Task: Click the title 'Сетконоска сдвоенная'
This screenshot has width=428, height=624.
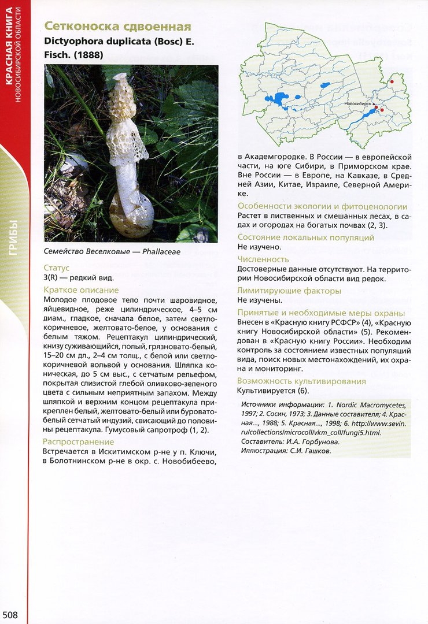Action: coord(118,27)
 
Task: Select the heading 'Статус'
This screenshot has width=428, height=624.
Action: coord(57,268)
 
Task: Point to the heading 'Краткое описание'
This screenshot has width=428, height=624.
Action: coord(81,290)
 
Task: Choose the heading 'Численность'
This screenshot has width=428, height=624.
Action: coord(263,259)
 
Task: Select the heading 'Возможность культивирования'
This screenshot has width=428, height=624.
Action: coord(301,381)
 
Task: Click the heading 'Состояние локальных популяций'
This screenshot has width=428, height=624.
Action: coord(306,237)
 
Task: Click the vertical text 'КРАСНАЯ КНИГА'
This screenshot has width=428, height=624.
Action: coord(10,53)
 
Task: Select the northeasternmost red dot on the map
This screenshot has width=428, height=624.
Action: coord(391,83)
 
